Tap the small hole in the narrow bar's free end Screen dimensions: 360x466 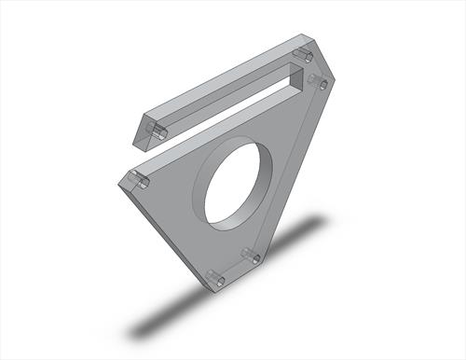[159, 133]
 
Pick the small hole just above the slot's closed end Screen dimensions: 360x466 [301, 57]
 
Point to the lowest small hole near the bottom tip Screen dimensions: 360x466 [216, 278]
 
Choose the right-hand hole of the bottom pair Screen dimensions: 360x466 [250, 256]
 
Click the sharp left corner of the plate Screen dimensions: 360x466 [119, 181]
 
